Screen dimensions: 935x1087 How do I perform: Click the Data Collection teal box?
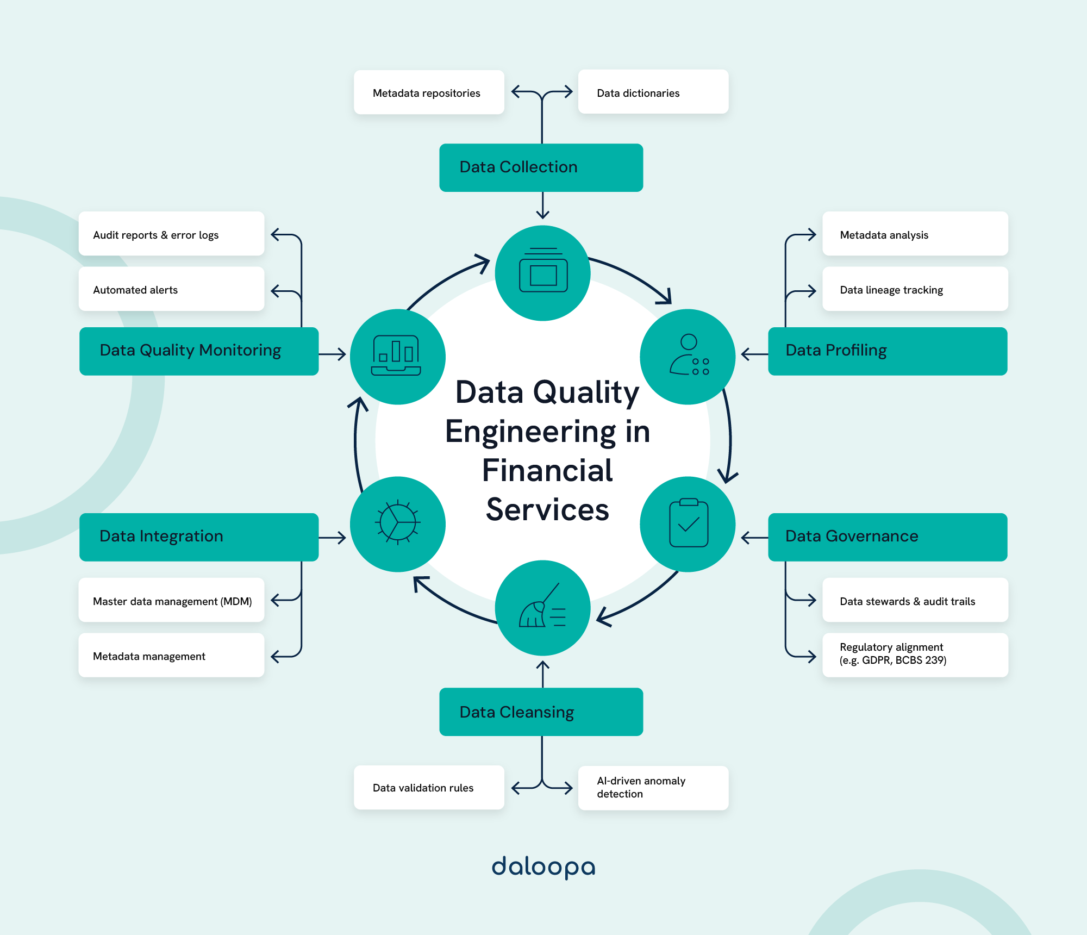pyautogui.click(x=541, y=167)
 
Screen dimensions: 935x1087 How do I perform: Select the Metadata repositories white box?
pyautogui.click(x=429, y=92)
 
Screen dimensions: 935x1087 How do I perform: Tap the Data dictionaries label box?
pyautogui.click(x=653, y=92)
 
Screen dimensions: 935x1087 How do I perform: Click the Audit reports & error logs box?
pyautogui.click(x=171, y=234)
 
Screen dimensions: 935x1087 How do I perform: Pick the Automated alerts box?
pyautogui.click(x=171, y=289)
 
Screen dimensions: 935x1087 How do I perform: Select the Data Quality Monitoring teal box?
pyautogui.click(x=198, y=351)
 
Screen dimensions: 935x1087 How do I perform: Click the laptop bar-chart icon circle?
pyautogui.click(x=397, y=357)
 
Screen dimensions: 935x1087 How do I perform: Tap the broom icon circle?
pyautogui.click(x=542, y=608)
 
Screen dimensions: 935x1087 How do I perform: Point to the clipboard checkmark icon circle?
pyautogui.click(x=688, y=524)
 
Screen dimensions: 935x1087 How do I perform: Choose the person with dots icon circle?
pyautogui.click(x=688, y=357)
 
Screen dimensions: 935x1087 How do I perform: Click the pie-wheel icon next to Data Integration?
pyautogui.click(x=397, y=524)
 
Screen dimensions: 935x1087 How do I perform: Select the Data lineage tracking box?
pyautogui.click(x=915, y=289)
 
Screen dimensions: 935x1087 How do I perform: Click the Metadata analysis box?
pyautogui.click(x=915, y=234)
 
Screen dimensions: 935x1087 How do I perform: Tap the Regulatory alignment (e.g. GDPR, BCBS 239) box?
pyautogui.click(x=915, y=654)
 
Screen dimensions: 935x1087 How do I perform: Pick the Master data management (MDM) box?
pyautogui.click(x=171, y=600)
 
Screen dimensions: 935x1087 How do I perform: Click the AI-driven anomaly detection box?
pyautogui.click(x=653, y=788)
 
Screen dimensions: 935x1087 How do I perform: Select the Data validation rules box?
pyautogui.click(x=429, y=788)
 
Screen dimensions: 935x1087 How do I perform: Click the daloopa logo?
pyautogui.click(x=543, y=867)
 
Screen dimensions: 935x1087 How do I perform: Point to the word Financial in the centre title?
pyautogui.click(x=547, y=471)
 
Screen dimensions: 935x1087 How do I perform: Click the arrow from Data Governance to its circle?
pyautogui.click(x=754, y=538)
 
